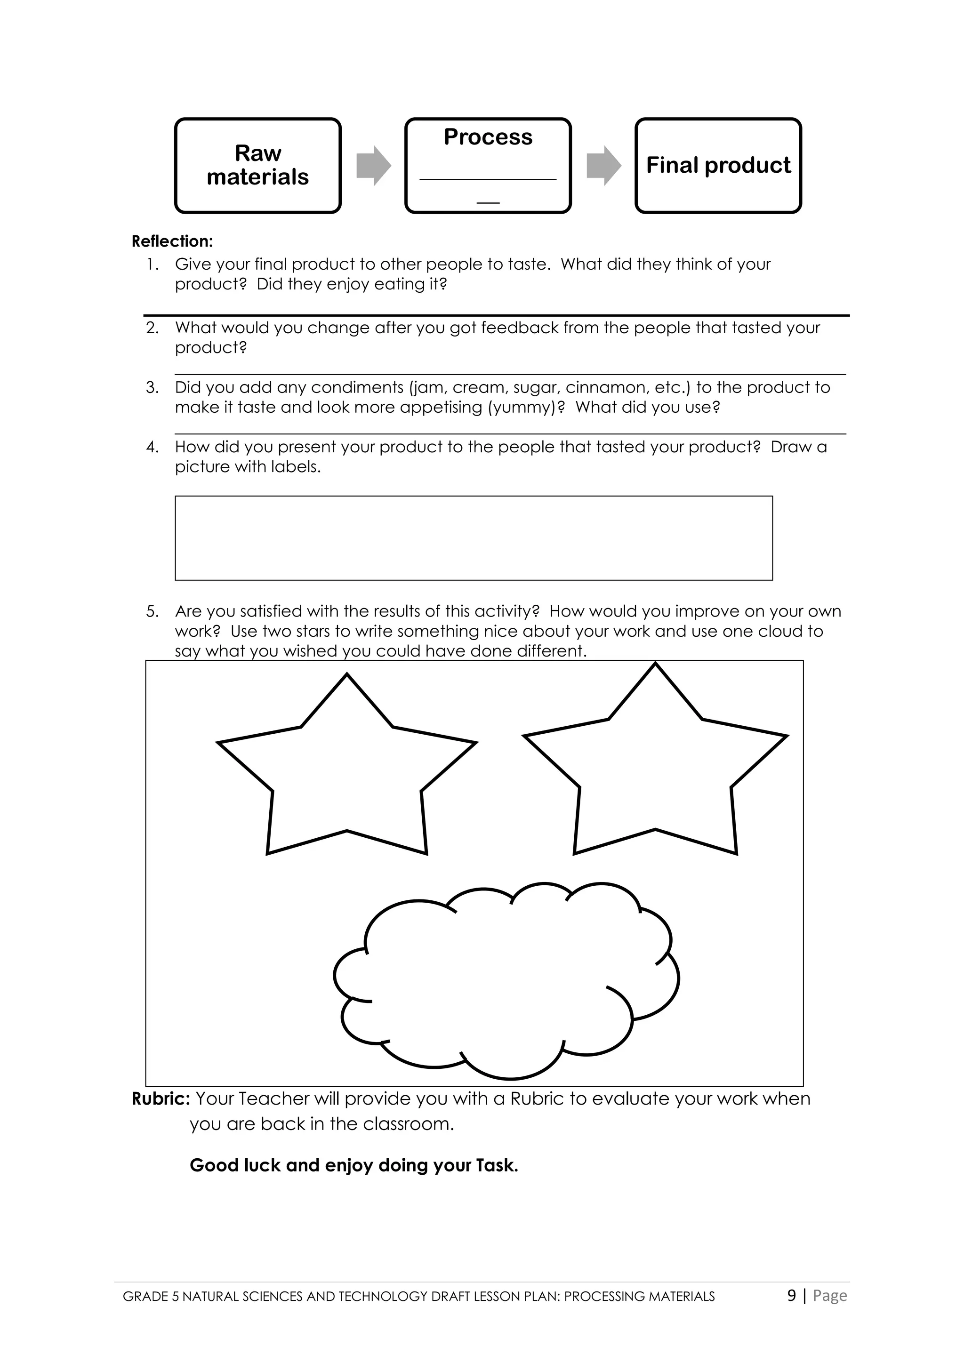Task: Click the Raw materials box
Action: (x=257, y=165)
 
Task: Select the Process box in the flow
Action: (x=488, y=165)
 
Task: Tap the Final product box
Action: (x=718, y=165)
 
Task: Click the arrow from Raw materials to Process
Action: (x=373, y=165)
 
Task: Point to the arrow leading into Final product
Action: (x=603, y=165)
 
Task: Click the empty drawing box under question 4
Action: (x=474, y=538)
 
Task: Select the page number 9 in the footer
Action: (x=791, y=1295)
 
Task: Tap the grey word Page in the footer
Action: (x=830, y=1295)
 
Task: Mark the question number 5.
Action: (x=152, y=611)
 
